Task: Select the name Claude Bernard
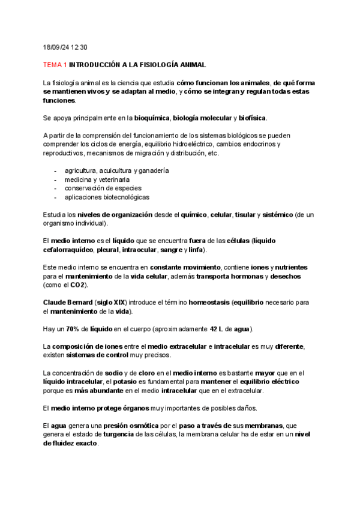pyautogui.click(x=68, y=303)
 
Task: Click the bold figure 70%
pyautogui.click(x=73, y=329)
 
